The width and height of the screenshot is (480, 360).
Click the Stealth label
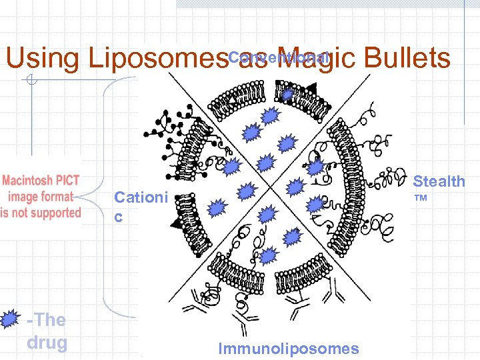[x=439, y=181]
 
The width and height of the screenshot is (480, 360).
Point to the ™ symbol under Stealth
[x=421, y=199]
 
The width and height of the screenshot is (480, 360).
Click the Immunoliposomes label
[x=288, y=349]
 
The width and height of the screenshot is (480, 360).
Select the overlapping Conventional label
[x=279, y=58]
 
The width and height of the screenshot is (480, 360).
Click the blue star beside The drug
[x=9, y=320]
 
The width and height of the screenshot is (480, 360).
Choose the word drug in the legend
[x=47, y=343]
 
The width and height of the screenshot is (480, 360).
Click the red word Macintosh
[x=29, y=181]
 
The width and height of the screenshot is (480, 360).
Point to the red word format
[x=57, y=197]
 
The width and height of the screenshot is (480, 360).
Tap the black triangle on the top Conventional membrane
[x=311, y=87]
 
